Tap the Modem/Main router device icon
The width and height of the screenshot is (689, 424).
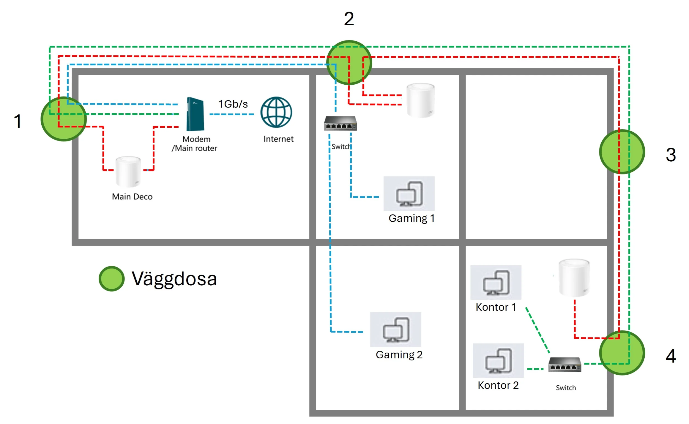click(x=195, y=114)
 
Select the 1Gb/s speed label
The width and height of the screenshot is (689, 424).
click(x=233, y=104)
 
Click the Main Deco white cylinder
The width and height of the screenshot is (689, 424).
click(x=128, y=172)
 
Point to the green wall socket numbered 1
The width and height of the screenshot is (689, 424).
click(x=64, y=119)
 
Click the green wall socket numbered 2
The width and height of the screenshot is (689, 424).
click(x=349, y=63)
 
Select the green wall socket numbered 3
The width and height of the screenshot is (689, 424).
click(x=622, y=152)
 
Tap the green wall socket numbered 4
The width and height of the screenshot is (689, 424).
click(x=622, y=353)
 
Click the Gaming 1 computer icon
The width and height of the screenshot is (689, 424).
click(x=409, y=194)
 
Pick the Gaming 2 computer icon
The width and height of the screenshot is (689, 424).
click(x=396, y=329)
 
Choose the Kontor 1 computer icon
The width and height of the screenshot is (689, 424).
click(x=496, y=282)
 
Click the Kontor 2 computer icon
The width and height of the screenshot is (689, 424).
click(x=498, y=361)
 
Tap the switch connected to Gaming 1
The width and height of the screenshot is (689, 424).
click(x=340, y=124)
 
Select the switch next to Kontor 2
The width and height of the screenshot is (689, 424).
click(x=564, y=364)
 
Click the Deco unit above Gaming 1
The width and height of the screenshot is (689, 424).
click(x=421, y=100)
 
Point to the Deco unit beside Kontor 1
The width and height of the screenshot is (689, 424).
click(x=574, y=278)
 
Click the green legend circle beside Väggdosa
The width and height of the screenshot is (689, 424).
click(x=112, y=278)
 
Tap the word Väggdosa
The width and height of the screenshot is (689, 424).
click(x=174, y=279)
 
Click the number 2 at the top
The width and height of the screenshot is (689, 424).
click(x=349, y=19)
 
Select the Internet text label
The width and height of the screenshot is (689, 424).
click(x=278, y=139)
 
